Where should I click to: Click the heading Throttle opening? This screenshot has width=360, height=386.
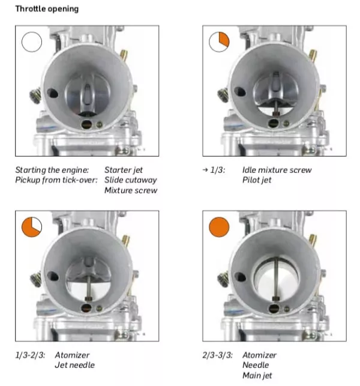(47, 9)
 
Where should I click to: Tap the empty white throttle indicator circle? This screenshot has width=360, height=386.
(32, 42)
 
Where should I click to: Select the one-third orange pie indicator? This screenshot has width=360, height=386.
(219, 42)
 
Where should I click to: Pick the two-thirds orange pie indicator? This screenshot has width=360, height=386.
(32, 227)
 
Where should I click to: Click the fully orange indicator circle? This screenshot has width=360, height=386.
(219, 227)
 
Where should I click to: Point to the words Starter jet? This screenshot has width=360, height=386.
(124, 170)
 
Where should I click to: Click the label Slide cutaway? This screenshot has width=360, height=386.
(131, 180)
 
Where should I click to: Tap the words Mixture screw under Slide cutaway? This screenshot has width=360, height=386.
(131, 190)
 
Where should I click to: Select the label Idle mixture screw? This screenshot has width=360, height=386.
(277, 170)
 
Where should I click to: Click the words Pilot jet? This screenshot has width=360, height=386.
(257, 180)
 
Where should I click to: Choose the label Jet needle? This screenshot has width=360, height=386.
(75, 365)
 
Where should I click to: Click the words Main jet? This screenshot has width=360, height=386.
(257, 375)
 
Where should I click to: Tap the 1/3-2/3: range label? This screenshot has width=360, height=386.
(30, 355)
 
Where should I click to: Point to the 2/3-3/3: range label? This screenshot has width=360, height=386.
(218, 355)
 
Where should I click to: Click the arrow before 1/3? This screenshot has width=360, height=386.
(205, 170)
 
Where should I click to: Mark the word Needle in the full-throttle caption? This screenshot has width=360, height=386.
(256, 365)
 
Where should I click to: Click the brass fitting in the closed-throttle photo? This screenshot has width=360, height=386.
(124, 55)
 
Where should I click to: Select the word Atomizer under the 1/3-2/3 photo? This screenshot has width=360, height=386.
(72, 355)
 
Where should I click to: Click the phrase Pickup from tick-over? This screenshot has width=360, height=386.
(56, 180)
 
